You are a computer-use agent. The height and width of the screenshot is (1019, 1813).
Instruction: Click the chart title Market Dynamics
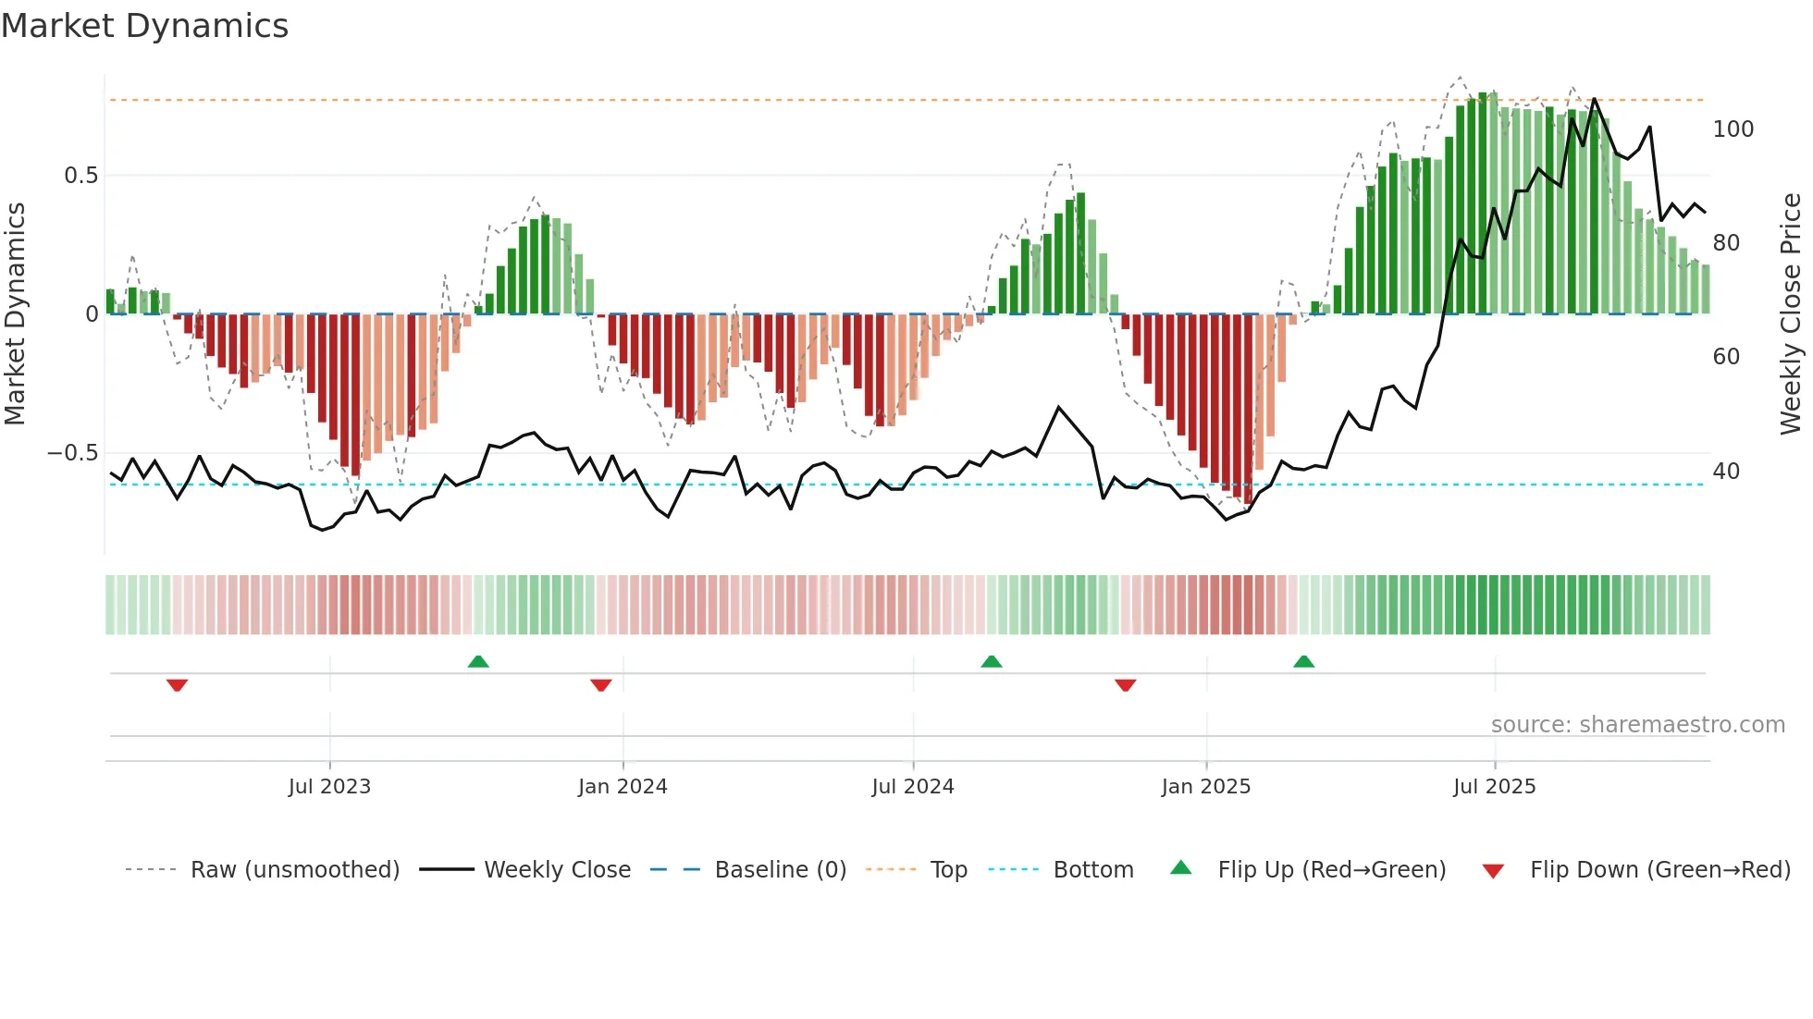click(144, 26)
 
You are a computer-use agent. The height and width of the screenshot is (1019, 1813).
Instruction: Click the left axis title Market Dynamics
click(15, 313)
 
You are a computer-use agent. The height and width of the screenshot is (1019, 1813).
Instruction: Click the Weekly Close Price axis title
click(1791, 313)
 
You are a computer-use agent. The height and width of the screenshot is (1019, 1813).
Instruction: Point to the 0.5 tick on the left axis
click(80, 176)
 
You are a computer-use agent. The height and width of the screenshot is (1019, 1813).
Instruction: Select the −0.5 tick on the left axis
click(73, 453)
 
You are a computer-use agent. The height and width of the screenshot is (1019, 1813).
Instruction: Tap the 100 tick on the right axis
click(1733, 129)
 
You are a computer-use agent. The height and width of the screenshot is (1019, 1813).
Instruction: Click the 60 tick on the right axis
click(1726, 357)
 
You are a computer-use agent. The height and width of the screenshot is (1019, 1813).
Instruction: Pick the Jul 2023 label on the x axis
click(329, 787)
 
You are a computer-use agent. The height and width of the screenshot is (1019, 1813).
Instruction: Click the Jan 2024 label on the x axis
click(623, 787)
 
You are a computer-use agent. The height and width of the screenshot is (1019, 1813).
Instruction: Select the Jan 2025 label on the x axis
click(1206, 787)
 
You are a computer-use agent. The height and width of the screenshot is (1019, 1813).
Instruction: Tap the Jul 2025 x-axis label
click(1494, 787)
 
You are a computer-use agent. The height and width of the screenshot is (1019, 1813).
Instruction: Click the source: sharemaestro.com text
click(1637, 725)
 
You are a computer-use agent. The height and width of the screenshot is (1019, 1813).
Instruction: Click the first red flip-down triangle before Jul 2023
click(178, 685)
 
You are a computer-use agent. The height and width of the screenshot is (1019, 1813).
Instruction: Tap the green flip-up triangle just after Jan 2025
click(1304, 661)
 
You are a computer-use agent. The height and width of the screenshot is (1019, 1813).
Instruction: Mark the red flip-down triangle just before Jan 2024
click(601, 685)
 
